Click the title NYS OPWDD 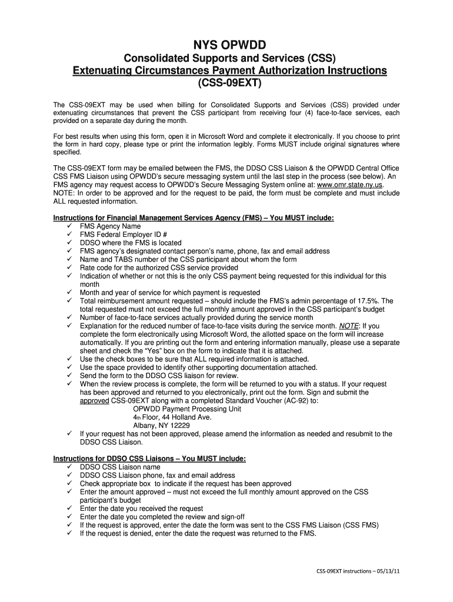click(226, 45)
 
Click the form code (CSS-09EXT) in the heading click(226, 84)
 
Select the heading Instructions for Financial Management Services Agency click(194, 218)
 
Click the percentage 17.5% click(373, 300)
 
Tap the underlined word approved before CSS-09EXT click(94, 400)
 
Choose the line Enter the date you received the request click(141, 508)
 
